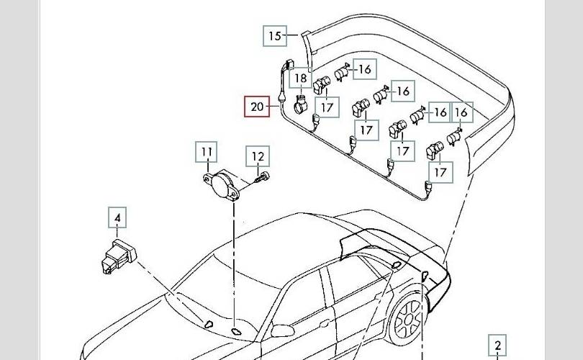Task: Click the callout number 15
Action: tap(275, 35)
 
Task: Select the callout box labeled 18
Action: tap(301, 78)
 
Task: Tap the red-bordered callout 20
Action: tap(257, 107)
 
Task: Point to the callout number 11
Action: tap(207, 153)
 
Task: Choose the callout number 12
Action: tap(258, 156)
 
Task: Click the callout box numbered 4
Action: tap(117, 217)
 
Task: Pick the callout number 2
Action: tap(498, 345)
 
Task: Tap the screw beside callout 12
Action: tap(263, 177)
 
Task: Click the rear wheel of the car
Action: tap(408, 320)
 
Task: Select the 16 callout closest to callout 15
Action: tap(364, 69)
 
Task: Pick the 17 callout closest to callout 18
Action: tap(327, 107)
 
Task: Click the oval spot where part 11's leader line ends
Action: tap(235, 330)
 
